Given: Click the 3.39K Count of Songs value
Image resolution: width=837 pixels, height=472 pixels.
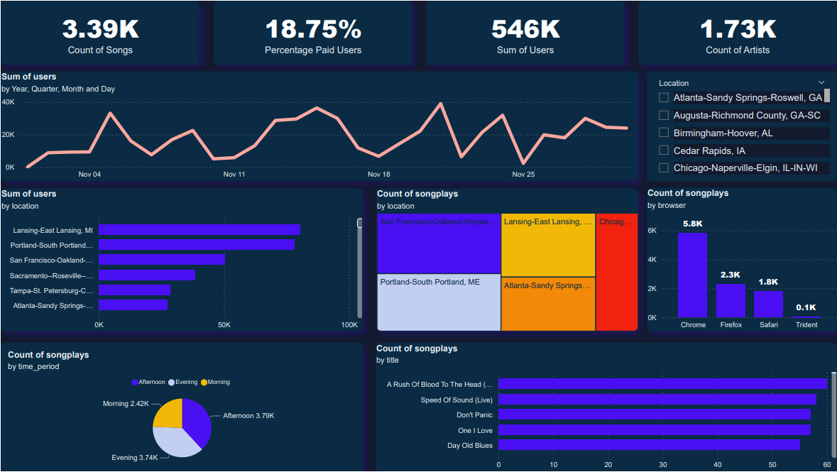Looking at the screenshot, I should [100, 29].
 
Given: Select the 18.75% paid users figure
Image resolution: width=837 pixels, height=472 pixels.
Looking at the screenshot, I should [313, 29].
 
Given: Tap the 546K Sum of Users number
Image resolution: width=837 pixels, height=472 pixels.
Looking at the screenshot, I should [525, 29].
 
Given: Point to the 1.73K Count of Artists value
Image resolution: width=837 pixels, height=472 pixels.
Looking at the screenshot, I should [738, 29].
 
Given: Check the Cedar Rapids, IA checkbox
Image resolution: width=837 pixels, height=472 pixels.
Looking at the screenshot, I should [664, 150].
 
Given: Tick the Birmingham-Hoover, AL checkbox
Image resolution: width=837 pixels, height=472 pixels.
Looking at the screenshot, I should [664, 133].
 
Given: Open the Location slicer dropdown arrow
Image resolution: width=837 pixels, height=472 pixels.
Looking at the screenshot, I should [821, 82].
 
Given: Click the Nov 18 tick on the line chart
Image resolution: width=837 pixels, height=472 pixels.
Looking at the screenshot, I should [378, 175].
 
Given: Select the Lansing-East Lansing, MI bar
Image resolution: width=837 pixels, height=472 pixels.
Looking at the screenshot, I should [199, 230].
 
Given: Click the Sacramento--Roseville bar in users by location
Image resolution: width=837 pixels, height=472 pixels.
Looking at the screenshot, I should [147, 275].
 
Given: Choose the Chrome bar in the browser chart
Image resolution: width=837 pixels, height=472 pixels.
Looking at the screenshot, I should [692, 275].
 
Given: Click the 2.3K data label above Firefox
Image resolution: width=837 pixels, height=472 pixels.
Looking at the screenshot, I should [731, 275].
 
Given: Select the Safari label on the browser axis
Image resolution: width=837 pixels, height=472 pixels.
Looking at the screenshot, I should [768, 325].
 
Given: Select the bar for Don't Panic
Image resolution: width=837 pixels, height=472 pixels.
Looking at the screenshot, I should [654, 415].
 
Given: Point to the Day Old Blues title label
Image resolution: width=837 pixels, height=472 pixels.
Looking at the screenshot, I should [469, 446].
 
